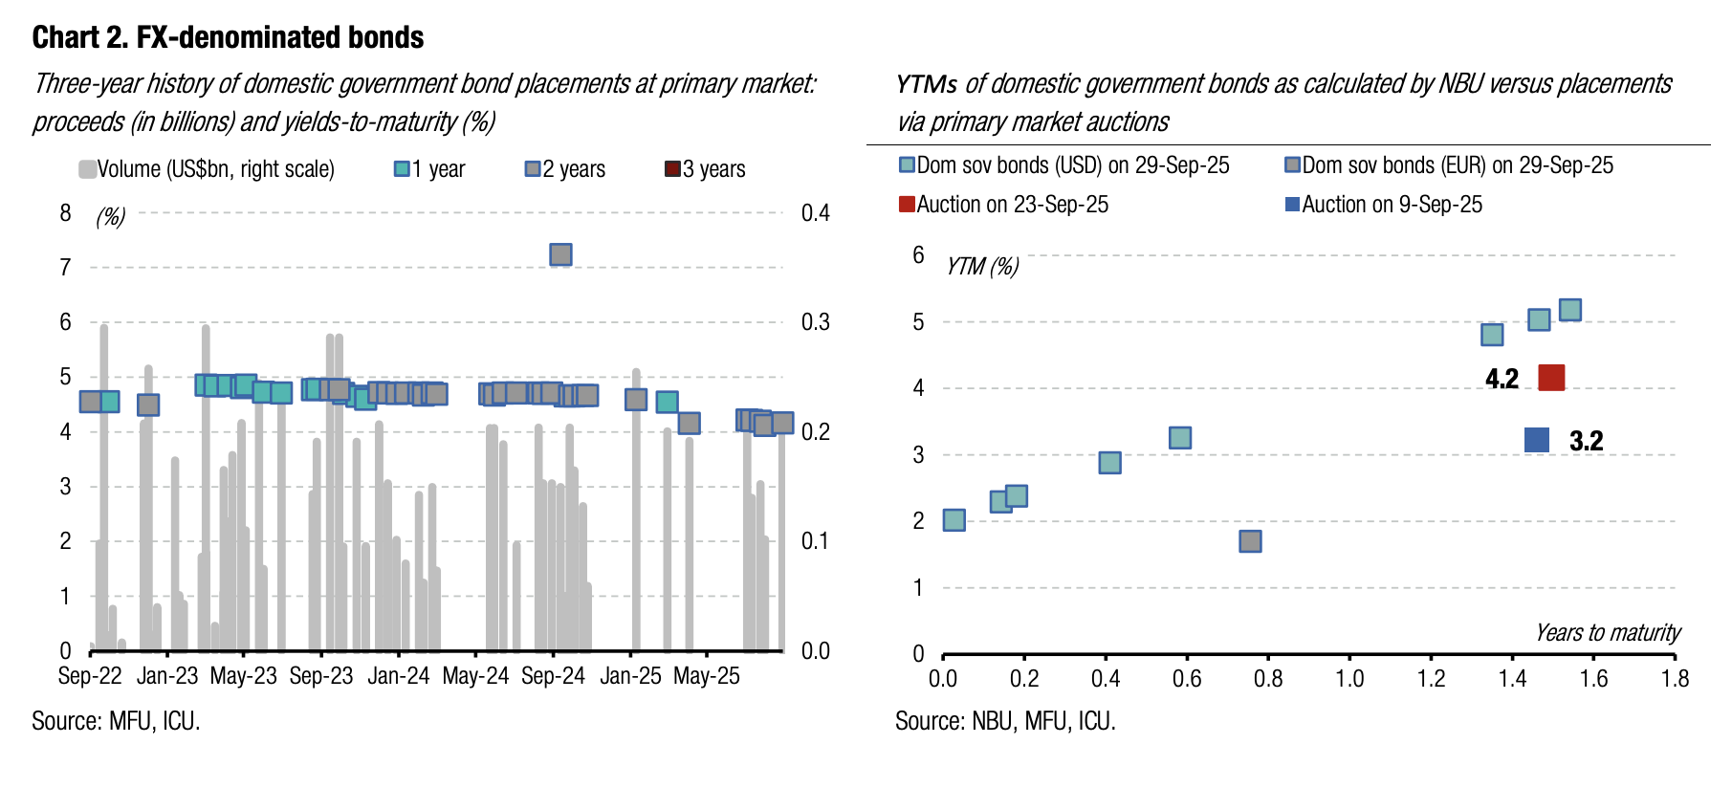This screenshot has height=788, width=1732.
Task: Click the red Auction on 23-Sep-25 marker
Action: tap(1551, 378)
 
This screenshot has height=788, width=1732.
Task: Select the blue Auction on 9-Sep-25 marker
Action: tap(1537, 440)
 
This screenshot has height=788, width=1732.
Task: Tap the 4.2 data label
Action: tap(1502, 379)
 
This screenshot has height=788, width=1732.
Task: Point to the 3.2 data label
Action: tap(1586, 441)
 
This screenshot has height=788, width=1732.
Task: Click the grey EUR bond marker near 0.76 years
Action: tap(1250, 541)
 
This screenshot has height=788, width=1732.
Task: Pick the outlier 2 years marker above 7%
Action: tap(561, 254)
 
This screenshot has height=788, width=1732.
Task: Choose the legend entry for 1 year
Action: tap(429, 169)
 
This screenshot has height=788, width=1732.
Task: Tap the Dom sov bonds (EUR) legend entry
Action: tap(1449, 165)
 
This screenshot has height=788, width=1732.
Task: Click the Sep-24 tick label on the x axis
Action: tap(553, 676)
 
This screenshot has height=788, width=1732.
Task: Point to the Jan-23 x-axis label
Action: tap(167, 676)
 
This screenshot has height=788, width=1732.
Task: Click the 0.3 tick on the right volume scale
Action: tap(815, 322)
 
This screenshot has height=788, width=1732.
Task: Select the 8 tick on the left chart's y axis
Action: tap(65, 213)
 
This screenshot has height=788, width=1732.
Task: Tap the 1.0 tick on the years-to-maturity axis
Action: tap(1349, 679)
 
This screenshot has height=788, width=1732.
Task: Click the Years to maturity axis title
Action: tap(1608, 633)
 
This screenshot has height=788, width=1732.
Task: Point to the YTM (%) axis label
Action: tap(982, 266)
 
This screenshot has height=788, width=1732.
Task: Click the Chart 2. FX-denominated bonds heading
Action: tap(228, 37)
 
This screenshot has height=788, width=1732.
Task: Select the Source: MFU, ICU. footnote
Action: tap(116, 721)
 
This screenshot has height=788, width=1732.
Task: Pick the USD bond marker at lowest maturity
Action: tap(954, 520)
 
